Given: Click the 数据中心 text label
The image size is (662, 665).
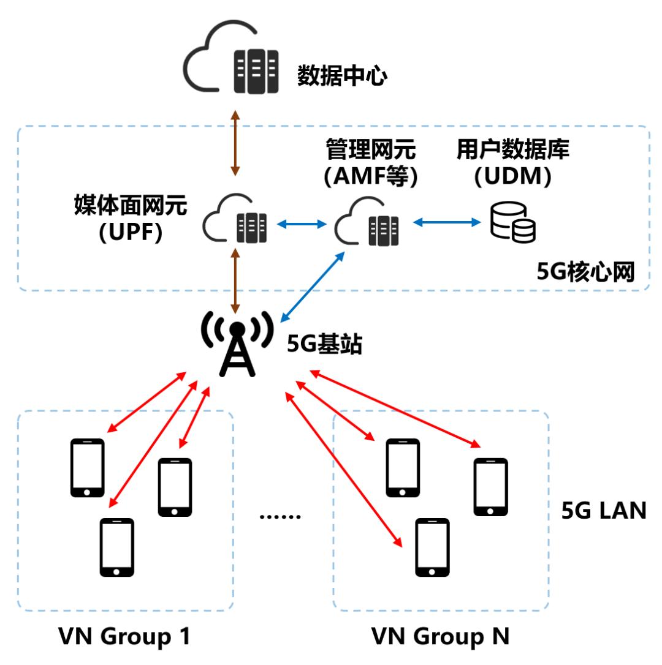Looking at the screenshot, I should (342, 76).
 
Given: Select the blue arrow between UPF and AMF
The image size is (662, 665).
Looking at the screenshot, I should (302, 225).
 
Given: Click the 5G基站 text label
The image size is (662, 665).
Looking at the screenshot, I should (325, 346).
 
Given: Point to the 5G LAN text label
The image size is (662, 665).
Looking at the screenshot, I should (604, 511).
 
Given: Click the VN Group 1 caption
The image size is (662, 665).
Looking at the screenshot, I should (124, 637).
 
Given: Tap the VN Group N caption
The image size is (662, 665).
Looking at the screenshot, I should (440, 637).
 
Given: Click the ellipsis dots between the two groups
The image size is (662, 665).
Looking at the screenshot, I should (280, 516).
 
